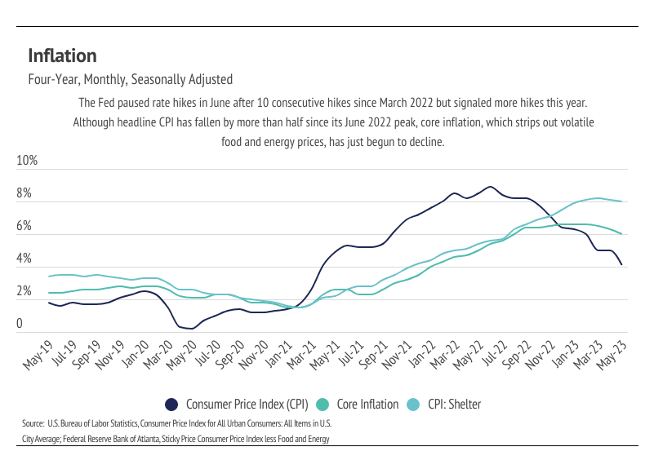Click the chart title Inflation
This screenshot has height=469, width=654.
(62, 55)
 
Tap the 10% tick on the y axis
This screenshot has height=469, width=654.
(27, 161)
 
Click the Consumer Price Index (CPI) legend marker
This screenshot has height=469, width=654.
(171, 404)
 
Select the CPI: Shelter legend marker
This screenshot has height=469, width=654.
(414, 404)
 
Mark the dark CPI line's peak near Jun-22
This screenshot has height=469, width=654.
(490, 187)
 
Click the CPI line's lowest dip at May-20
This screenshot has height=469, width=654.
(191, 329)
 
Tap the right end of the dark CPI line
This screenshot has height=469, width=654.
(622, 264)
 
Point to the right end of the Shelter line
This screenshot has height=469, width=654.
(622, 201)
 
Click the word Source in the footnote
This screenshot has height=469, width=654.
(33, 425)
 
